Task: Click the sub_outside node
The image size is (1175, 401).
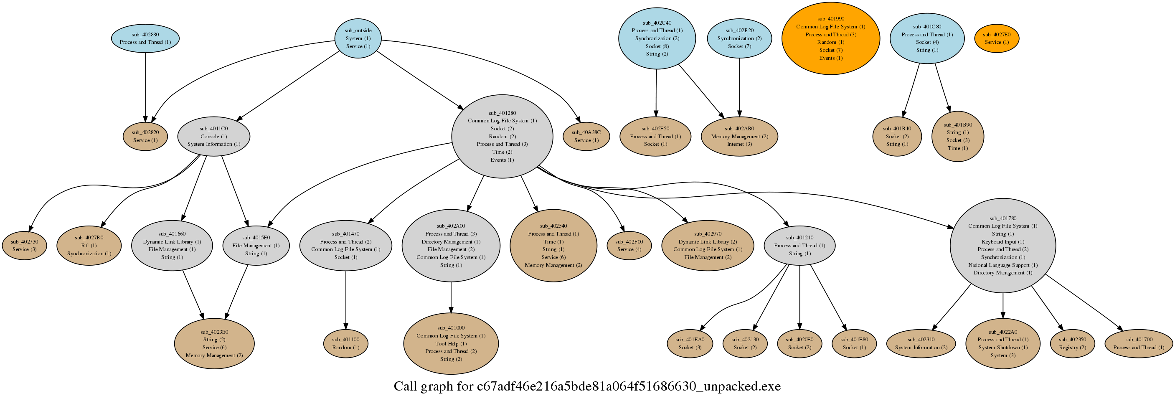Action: [358, 38]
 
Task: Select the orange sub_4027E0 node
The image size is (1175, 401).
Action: [997, 38]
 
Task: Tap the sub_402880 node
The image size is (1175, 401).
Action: [145, 38]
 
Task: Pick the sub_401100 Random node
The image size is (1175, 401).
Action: [346, 343]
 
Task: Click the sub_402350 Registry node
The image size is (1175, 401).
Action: [1072, 343]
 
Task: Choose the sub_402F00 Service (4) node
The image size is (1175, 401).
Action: [629, 246]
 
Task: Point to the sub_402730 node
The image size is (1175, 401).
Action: [25, 246]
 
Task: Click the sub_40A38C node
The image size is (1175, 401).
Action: [586, 136]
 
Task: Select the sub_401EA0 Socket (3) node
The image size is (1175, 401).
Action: [690, 343]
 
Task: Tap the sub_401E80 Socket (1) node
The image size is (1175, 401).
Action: [854, 343]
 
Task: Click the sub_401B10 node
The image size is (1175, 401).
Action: [897, 136]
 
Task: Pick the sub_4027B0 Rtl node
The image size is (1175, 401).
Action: [89, 246]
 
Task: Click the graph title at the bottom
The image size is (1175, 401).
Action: [587, 387]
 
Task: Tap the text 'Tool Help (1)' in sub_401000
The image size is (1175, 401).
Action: [451, 343]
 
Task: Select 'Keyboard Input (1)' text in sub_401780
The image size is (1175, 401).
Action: [1002, 242]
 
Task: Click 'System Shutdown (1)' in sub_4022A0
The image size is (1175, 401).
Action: [1002, 348]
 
